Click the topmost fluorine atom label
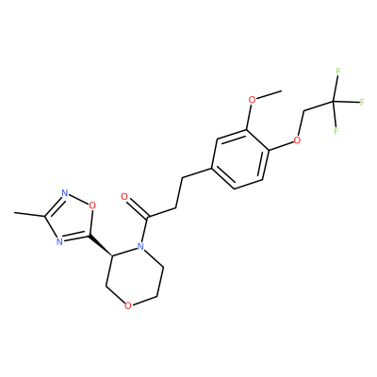coord(338,72)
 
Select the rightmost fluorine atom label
coord(362,102)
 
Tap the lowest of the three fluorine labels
coord(336,131)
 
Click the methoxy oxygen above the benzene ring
coord(252,100)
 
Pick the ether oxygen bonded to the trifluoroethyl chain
coord(297,139)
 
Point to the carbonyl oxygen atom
coord(124,197)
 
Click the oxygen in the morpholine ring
coord(127,305)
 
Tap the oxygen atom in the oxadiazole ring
coord(91,205)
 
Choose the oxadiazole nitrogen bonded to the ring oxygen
coord(65,193)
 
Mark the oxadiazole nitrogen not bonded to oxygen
coord(58,241)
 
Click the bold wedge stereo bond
coord(101,245)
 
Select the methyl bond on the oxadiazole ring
coord(29,215)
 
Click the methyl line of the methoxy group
coord(269,94)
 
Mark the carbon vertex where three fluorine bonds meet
coord(334,102)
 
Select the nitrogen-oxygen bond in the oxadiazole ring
coord(78,199)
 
